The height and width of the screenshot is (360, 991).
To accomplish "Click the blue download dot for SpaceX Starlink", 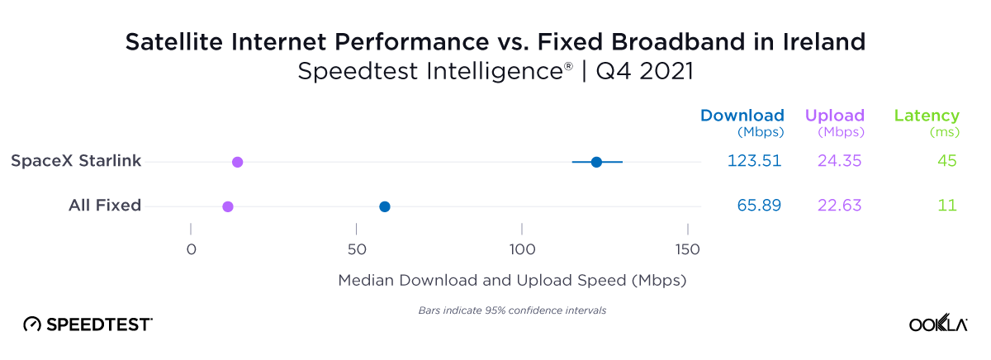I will pos(596,162).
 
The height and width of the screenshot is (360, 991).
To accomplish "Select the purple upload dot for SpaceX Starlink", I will pos(237,162).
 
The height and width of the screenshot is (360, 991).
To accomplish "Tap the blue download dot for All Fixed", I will pos(384,206).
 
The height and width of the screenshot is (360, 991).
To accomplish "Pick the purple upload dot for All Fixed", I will pos(228,206).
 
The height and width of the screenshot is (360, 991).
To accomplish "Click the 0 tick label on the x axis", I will pos(191,250).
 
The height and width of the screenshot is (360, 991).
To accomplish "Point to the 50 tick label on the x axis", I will pos(356,250).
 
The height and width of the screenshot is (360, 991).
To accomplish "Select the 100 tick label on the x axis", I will pos(521,250).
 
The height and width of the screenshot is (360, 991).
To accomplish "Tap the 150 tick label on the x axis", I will pos(687,250).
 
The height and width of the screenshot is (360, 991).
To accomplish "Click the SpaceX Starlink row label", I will pos(76,161).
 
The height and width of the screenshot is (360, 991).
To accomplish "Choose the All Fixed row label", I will pos(104,206).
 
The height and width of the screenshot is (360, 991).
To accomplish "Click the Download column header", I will pos(742,116).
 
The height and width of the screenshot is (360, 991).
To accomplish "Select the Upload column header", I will pos(834,116).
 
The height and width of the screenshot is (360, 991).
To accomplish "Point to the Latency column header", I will pos(927,116).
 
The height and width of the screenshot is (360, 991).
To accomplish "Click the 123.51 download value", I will pos(754,161).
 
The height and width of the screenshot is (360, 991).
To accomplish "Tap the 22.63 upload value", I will pos(840,206).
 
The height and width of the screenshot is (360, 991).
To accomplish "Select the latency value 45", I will pos(946,161).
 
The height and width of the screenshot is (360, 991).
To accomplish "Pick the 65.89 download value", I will pos(759,206).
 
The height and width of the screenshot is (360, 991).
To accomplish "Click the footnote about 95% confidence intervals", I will pos(507,310).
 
